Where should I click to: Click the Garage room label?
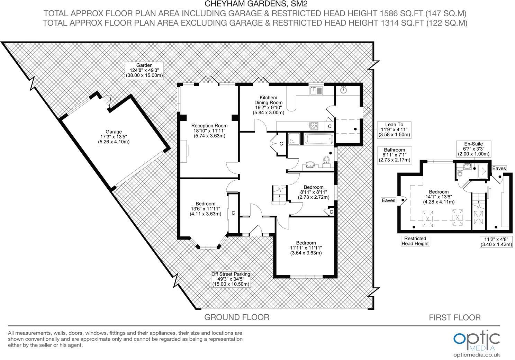pyautogui.click(x=114, y=136)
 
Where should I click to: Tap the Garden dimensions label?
pyautogui.click(x=144, y=70)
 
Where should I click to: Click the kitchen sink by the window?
pyautogui.click(x=316, y=91)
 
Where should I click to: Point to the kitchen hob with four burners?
pyautogui.click(x=313, y=126)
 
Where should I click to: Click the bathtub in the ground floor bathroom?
pyautogui.click(x=319, y=139)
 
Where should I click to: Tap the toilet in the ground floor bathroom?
pyautogui.click(x=326, y=160)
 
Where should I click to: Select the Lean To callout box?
pyautogui.click(x=394, y=129)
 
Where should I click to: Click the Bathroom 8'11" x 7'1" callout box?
pyautogui.click(x=394, y=155)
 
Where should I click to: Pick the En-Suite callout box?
pyautogui.click(x=474, y=149)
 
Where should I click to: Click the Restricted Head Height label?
pyautogui.click(x=415, y=241)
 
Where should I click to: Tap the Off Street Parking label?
pyautogui.click(x=231, y=279)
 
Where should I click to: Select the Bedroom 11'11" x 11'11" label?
pyautogui.click(x=306, y=248)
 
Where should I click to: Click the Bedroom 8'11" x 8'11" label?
pyautogui.click(x=314, y=192)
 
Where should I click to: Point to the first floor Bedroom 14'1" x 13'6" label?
pyautogui.click(x=439, y=197)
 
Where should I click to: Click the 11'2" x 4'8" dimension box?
pyautogui.click(x=496, y=241)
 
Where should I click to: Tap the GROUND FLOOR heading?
pyautogui.click(x=236, y=317)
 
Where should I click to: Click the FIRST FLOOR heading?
pyautogui.click(x=454, y=317)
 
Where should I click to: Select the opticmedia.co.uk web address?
pyautogui.click(x=476, y=354)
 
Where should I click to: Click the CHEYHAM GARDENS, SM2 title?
pyautogui.click(x=256, y=4)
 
